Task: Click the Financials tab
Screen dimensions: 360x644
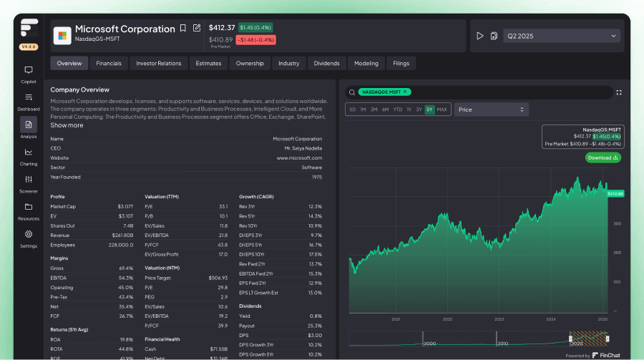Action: pos(109,63)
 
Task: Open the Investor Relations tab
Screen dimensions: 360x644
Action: pos(159,63)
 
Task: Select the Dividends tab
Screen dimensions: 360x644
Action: pos(326,63)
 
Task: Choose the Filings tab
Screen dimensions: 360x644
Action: pos(401,63)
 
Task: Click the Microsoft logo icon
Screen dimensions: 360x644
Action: pos(62,34)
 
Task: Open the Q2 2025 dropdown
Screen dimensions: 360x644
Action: pos(562,36)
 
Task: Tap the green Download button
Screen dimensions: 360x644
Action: pos(602,157)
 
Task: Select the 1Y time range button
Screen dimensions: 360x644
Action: pos(409,110)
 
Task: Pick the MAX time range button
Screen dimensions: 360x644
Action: pos(441,110)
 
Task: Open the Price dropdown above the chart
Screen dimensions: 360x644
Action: pos(492,110)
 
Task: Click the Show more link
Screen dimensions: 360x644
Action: pos(67,125)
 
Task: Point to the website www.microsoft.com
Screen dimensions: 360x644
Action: pos(299,157)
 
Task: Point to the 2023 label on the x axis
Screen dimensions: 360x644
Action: pos(499,319)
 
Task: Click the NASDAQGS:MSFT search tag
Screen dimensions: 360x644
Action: pos(384,92)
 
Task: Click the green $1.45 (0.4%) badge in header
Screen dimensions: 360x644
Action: pos(255,27)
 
